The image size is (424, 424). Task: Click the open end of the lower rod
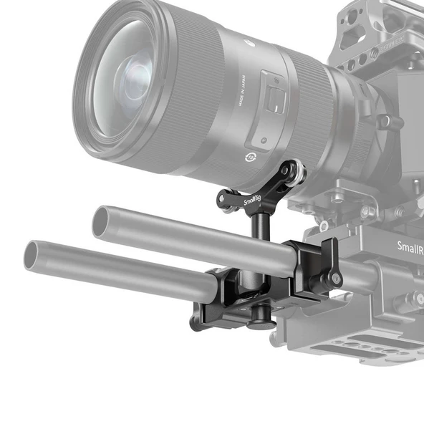[x=31, y=256]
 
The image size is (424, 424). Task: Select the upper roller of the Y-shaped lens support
[x=294, y=171]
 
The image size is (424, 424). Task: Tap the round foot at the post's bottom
[x=263, y=322]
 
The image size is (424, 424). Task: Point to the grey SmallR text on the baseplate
[x=409, y=247]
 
